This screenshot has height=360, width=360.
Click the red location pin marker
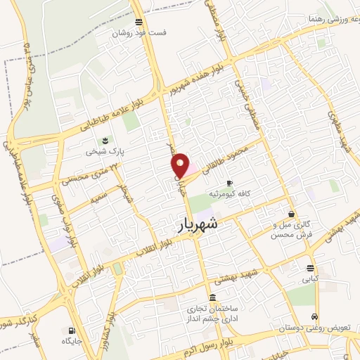[x=181, y=165]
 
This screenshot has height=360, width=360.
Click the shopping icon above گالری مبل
[x=291, y=214]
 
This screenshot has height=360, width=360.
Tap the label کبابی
[x=310, y=279]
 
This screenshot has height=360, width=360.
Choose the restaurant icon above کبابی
[x=310, y=268]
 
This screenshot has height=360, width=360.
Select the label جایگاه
[x=72, y=340]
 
